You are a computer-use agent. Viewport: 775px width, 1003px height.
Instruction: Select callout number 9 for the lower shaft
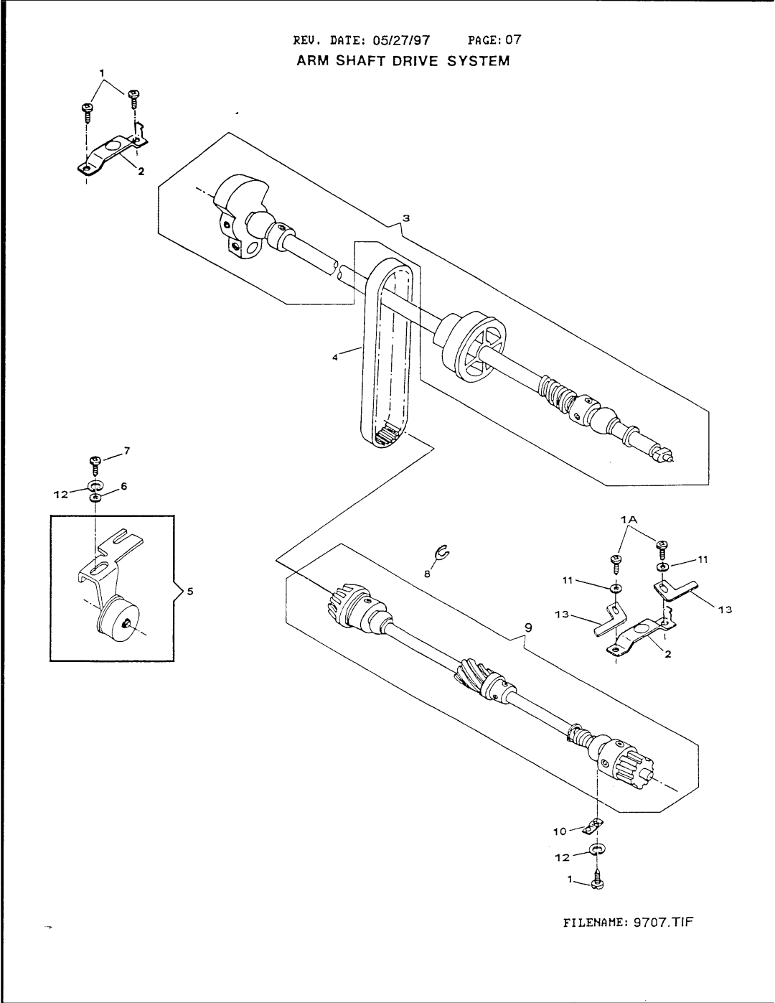coord(529,627)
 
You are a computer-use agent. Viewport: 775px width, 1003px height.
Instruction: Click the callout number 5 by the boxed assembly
coord(191,592)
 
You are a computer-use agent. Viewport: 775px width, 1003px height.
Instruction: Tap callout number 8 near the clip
coord(426,575)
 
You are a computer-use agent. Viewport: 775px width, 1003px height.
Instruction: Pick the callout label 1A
coord(631,518)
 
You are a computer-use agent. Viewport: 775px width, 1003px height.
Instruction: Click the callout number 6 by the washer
coord(123,486)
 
